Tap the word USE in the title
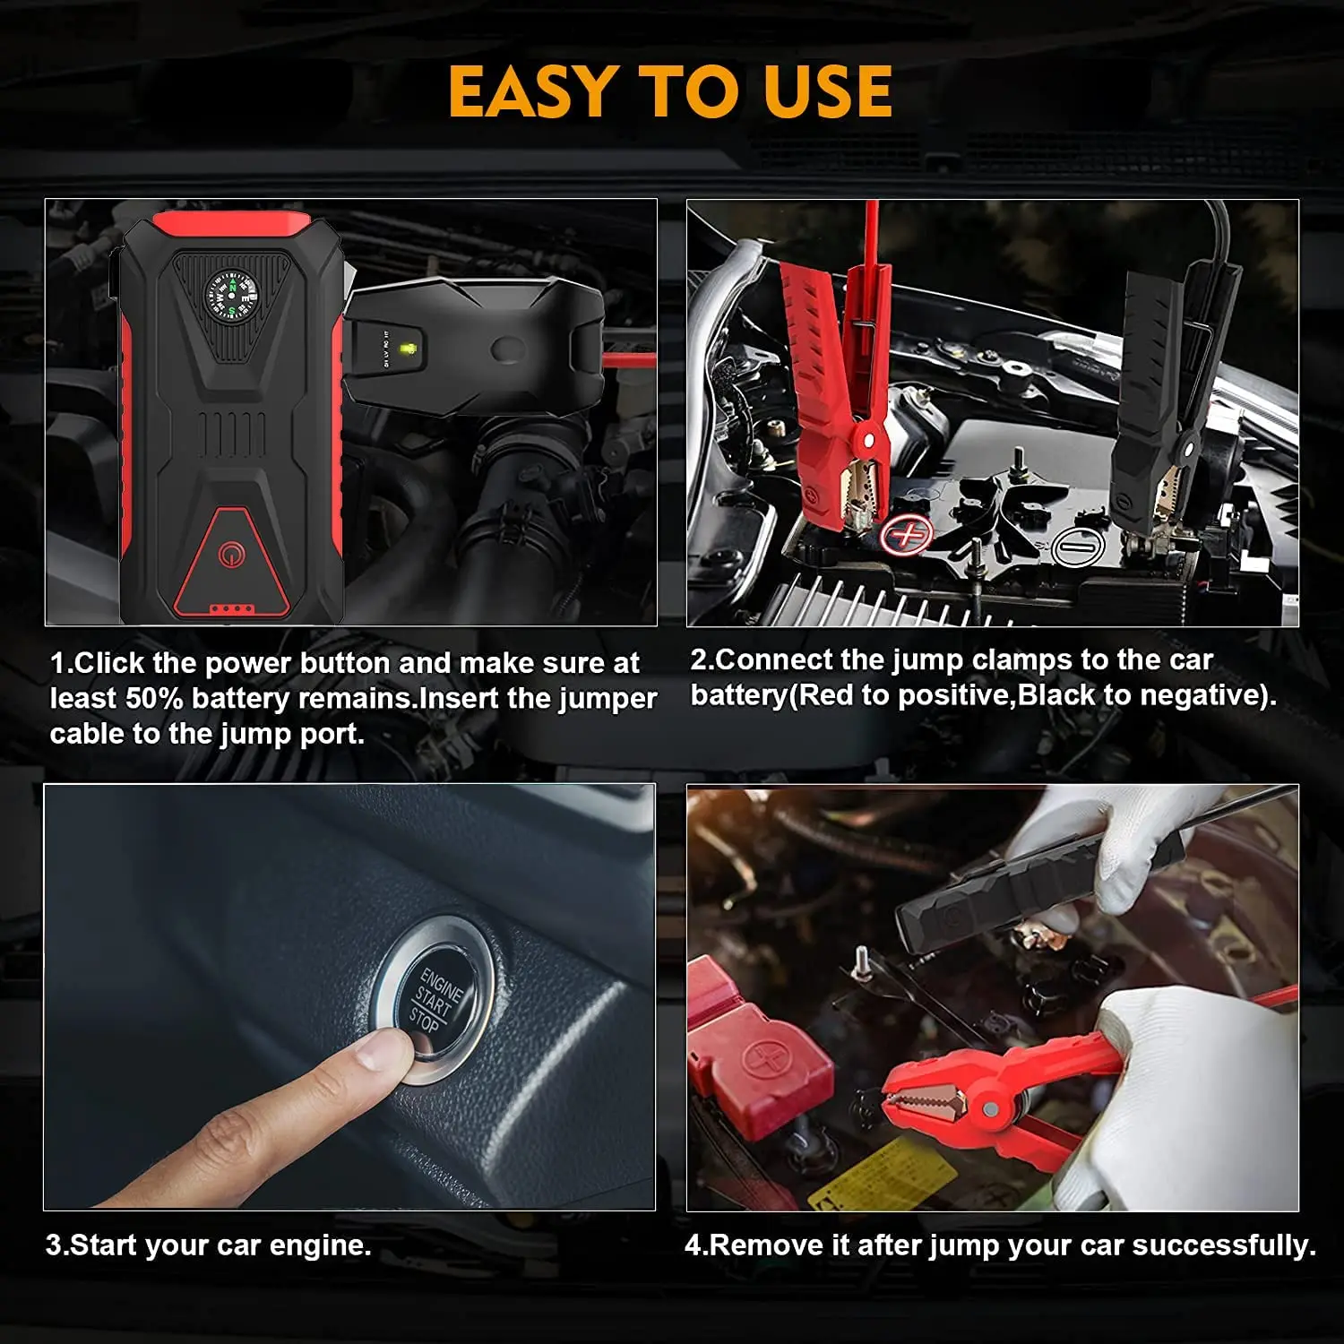[x=829, y=91]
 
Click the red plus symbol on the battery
[x=907, y=535]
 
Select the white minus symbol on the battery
[x=1077, y=545]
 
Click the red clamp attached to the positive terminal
[x=838, y=376]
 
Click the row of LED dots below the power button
[x=231, y=609]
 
